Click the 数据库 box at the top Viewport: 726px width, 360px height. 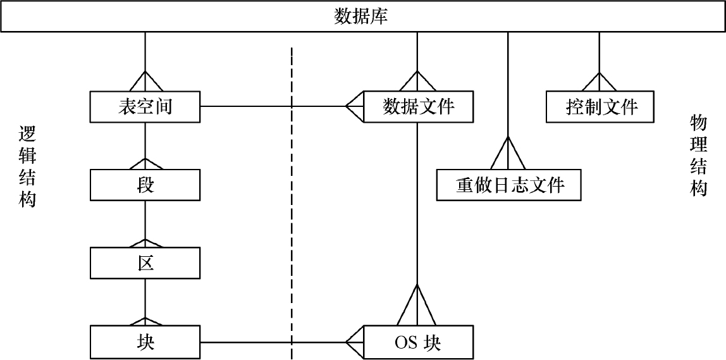pyautogui.click(x=362, y=17)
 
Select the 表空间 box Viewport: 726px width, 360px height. pyautogui.click(x=145, y=107)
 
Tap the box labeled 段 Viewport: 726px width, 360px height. pyautogui.click(x=145, y=185)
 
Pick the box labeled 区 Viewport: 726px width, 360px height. pyautogui.click(x=145, y=263)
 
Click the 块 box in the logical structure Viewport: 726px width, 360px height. pyautogui.click(x=145, y=342)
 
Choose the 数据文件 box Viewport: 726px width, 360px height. pyautogui.click(x=417, y=106)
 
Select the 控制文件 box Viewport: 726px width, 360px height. pyautogui.click(x=600, y=106)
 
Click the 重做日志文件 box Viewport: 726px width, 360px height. pyautogui.click(x=509, y=185)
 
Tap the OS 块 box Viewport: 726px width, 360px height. pyautogui.click(x=417, y=342)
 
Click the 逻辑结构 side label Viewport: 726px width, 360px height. pyautogui.click(x=27, y=166)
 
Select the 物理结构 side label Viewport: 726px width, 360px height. pyautogui.click(x=698, y=155)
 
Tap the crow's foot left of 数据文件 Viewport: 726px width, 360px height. pyautogui.click(x=355, y=106)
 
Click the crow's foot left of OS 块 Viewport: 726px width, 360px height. pyautogui.click(x=355, y=342)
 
